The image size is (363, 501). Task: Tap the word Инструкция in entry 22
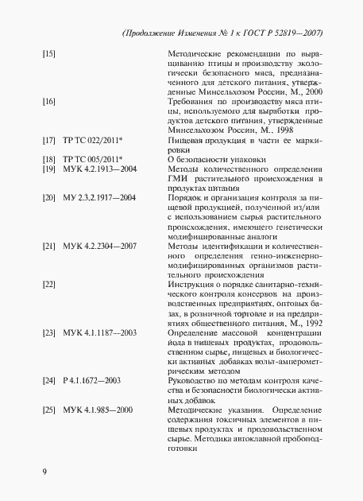pyautogui.click(x=193, y=283)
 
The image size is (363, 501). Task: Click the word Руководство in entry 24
pyautogui.click(x=195, y=382)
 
